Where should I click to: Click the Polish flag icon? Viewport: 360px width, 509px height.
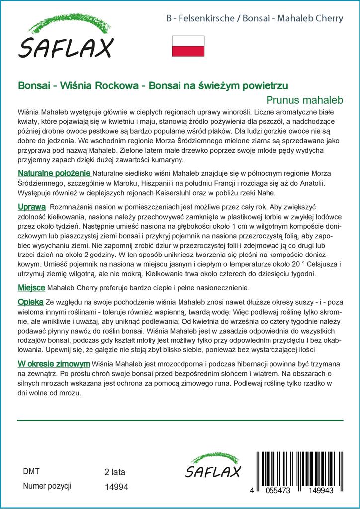tap(187, 46)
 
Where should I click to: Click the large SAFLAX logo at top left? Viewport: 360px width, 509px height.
tap(66, 40)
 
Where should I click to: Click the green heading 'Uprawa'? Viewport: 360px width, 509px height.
tap(32, 206)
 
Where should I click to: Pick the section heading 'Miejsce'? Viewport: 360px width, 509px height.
tap(32, 288)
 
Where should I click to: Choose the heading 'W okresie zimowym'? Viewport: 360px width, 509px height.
tap(54, 364)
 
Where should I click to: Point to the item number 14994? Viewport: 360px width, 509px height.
tap(117, 487)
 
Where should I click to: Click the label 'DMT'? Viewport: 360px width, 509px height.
tap(31, 471)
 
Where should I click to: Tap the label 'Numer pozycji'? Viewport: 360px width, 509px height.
tap(48, 486)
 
